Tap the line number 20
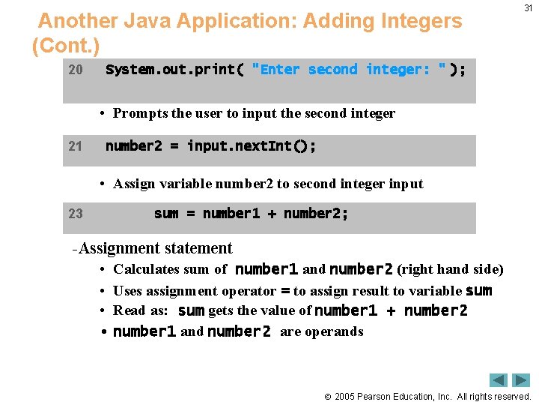(x=75, y=70)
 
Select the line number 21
(x=75, y=146)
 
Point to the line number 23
(x=75, y=214)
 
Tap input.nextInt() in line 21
(x=252, y=146)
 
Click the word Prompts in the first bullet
(x=140, y=113)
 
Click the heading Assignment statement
(x=155, y=248)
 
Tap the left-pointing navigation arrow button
(x=499, y=380)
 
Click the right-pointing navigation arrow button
(x=521, y=380)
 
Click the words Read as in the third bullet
(x=140, y=310)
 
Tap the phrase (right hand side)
(x=450, y=269)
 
